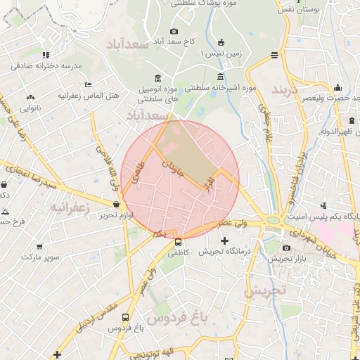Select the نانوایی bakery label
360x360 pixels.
(x=30, y=108)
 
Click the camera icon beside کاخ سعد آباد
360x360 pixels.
(x=174, y=31)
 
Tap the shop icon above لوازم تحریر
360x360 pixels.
(x=117, y=205)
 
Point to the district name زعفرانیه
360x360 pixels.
(x=69, y=207)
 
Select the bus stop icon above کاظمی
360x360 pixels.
(x=177, y=242)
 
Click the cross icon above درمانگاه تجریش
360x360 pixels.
(x=225, y=241)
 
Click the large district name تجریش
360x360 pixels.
(x=266, y=290)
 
